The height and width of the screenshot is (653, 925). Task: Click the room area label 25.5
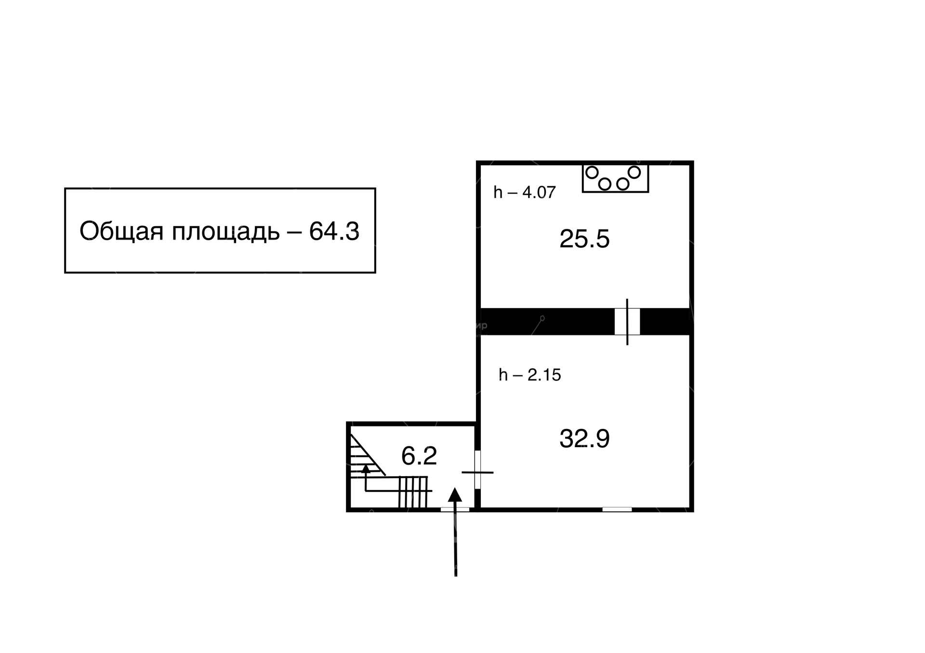click(x=584, y=239)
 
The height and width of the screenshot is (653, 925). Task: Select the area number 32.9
click(x=584, y=439)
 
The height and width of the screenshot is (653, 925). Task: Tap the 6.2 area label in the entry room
click(x=419, y=456)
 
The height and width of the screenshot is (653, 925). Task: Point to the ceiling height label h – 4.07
click(x=525, y=192)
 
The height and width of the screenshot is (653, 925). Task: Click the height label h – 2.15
click(x=530, y=374)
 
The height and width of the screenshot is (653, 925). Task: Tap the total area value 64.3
click(x=334, y=231)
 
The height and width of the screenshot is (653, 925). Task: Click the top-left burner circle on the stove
click(x=592, y=172)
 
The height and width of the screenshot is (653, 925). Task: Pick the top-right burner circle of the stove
click(x=634, y=172)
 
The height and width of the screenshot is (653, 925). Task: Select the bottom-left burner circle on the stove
click(x=605, y=184)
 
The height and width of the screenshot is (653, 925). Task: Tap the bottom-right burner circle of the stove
click(x=623, y=184)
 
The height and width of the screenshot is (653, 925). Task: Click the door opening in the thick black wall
click(x=627, y=321)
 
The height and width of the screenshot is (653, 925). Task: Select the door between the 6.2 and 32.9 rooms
click(x=478, y=470)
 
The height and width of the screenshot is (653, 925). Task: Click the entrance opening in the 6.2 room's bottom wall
click(x=455, y=509)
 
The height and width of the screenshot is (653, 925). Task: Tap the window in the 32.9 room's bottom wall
click(x=617, y=509)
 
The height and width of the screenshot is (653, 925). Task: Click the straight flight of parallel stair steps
click(x=413, y=492)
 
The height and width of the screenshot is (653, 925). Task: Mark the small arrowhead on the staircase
click(x=366, y=467)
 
